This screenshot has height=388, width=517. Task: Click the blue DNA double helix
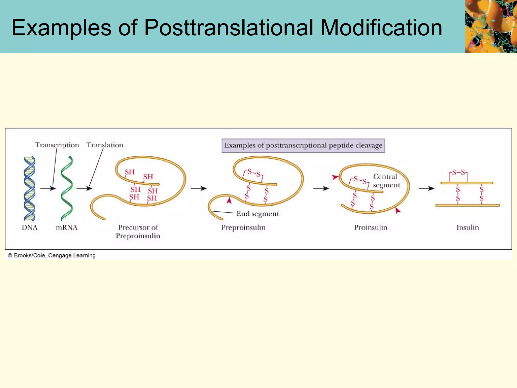(x=30, y=188)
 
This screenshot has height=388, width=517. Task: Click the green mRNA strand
(x=67, y=188)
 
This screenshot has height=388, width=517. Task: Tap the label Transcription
(x=57, y=145)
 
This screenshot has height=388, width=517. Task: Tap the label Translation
(x=105, y=145)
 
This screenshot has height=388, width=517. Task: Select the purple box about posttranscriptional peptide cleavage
(x=303, y=145)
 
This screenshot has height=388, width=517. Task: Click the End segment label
(x=257, y=214)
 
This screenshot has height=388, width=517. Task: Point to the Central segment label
(x=386, y=181)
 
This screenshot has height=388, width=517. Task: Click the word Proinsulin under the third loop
(x=371, y=228)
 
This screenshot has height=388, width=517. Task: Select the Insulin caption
(x=468, y=228)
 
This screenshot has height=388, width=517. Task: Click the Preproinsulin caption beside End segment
(x=243, y=228)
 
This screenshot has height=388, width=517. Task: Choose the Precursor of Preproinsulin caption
(x=138, y=231)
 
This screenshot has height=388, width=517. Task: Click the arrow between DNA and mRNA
(x=48, y=188)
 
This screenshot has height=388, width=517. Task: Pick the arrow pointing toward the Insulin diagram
(x=426, y=188)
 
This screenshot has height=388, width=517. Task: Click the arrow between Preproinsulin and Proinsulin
(x=321, y=188)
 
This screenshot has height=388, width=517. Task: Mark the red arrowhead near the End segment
(x=229, y=201)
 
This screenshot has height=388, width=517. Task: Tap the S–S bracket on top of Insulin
(x=458, y=173)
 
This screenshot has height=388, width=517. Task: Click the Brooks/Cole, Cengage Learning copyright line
(x=51, y=256)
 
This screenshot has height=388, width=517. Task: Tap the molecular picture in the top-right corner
(x=491, y=26)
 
